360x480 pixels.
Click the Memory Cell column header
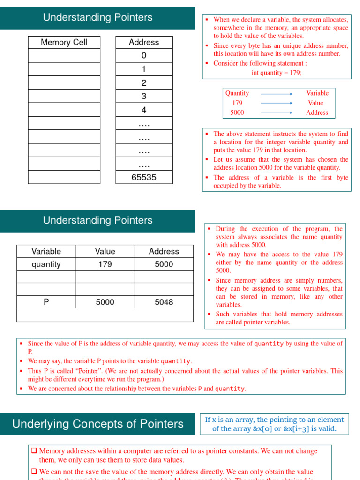64,42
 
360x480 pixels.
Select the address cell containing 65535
144,177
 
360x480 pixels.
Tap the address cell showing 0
144,55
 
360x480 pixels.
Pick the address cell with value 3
144,96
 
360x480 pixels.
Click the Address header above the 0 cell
144,42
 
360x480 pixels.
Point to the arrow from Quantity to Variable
277,93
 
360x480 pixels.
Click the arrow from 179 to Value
277,103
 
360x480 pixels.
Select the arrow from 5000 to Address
277,113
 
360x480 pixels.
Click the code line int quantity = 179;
277,73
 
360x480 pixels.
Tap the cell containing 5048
164,302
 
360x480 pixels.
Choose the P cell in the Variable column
46,302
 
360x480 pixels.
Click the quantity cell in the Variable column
46,264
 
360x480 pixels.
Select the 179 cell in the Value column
105,264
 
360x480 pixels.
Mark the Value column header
105,251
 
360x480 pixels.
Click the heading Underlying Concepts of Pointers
97,424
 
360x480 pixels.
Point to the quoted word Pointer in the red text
89,371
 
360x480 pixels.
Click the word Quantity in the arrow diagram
237,93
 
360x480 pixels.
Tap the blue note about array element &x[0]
274,424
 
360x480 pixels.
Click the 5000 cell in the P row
105,302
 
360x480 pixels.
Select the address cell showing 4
144,110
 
